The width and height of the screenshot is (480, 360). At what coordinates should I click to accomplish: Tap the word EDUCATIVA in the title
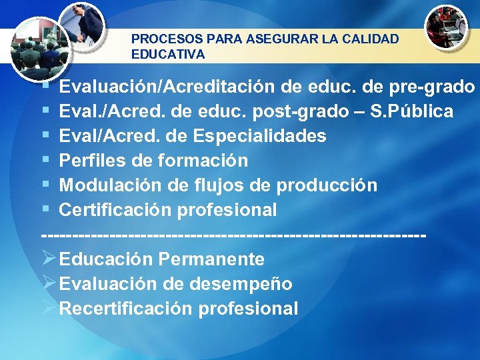(168, 54)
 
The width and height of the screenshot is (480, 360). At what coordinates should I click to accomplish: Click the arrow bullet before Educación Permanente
(49, 258)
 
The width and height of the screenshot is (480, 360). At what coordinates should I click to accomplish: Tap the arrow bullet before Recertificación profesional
(49, 307)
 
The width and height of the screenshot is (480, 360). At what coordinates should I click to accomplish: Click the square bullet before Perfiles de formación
(46, 161)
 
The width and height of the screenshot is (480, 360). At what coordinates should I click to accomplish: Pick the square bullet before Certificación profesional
(46, 210)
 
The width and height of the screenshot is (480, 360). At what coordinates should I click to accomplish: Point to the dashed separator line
(233, 235)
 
